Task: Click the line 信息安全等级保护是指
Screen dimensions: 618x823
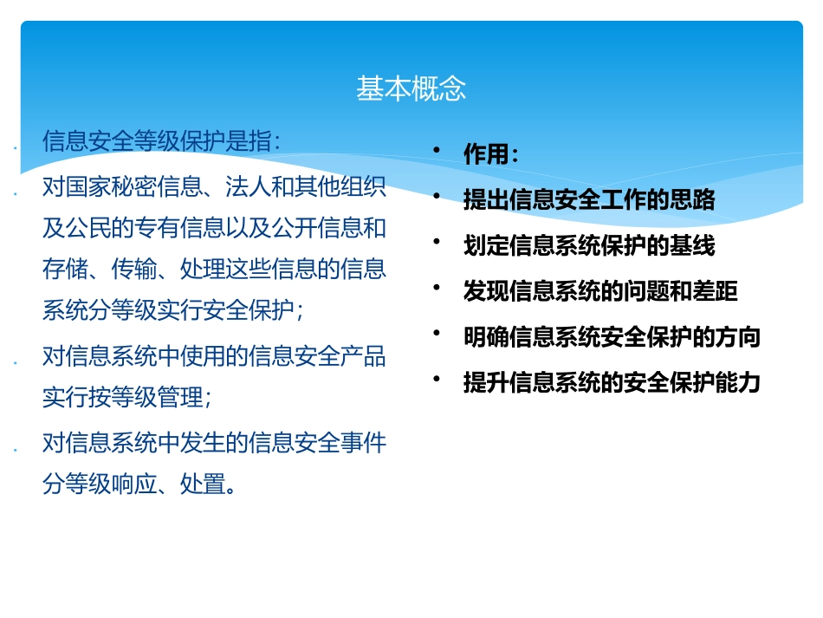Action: pos(161,141)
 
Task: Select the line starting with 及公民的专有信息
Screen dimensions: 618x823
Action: pos(214,228)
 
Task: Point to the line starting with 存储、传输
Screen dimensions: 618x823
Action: pos(214,270)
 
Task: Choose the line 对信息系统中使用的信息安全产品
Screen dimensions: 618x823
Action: pos(214,355)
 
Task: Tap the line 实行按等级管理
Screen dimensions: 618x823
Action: pos(126,397)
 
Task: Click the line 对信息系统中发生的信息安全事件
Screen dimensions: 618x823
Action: pos(214,443)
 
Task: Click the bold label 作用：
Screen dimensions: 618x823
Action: pos(491,155)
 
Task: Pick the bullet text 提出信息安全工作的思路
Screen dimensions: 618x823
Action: pos(589,200)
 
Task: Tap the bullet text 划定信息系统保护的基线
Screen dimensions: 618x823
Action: pos(589,246)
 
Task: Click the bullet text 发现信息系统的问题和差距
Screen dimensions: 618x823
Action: pos(600,291)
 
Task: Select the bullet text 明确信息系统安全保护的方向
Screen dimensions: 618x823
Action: pos(612,337)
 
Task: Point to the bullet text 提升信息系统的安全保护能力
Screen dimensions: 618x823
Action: pos(612,382)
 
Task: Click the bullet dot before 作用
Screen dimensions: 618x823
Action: pos(438,152)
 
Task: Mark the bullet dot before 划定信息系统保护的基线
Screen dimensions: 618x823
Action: pos(438,243)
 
